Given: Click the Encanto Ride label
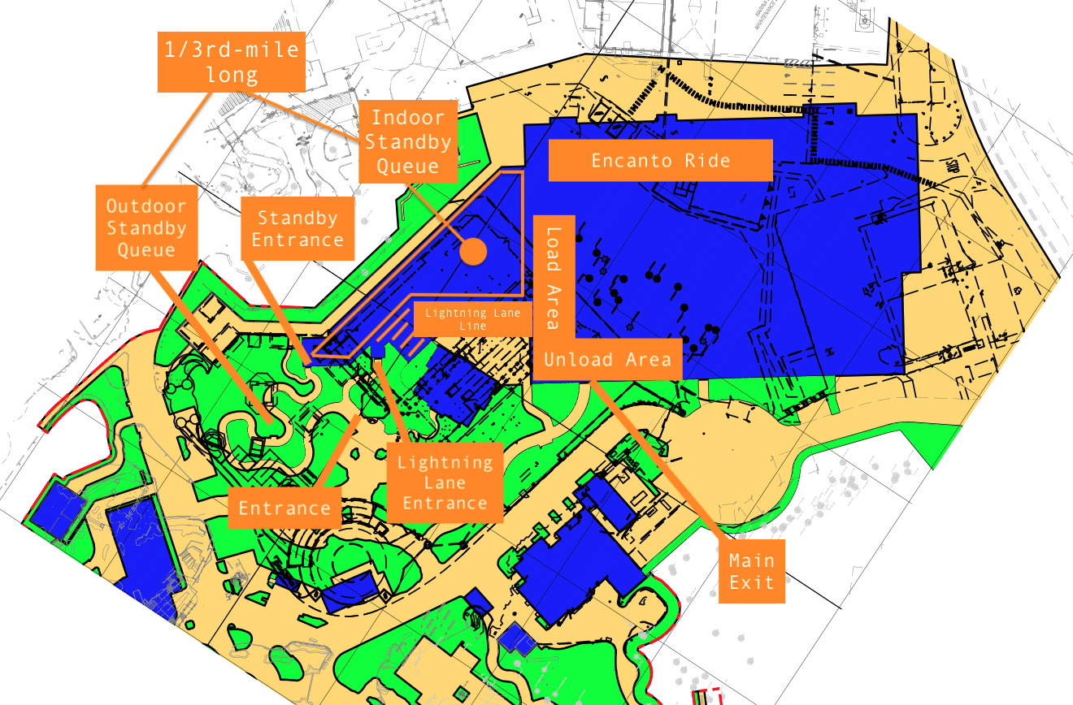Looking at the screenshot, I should (x=660, y=160).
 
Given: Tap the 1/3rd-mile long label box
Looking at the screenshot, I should (x=232, y=62).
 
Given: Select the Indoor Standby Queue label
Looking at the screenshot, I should (x=407, y=142).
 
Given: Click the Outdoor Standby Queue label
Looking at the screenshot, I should (x=146, y=227).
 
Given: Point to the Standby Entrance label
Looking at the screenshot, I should (x=298, y=228).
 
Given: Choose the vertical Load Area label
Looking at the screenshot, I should (x=554, y=276).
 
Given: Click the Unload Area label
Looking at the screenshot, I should (x=606, y=360).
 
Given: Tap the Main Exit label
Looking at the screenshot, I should (x=751, y=571).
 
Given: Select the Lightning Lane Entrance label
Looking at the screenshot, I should (x=445, y=482).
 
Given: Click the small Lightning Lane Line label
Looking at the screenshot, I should (x=467, y=318).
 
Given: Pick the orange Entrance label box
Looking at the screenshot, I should (x=284, y=508).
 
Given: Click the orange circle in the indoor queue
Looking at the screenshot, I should (x=472, y=251).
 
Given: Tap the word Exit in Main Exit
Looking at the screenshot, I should (x=751, y=582).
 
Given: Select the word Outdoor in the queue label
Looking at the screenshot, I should (x=146, y=206).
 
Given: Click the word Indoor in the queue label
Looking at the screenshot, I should (x=407, y=118).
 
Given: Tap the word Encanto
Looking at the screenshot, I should (x=630, y=160).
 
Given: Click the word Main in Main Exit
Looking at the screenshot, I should (x=751, y=560).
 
